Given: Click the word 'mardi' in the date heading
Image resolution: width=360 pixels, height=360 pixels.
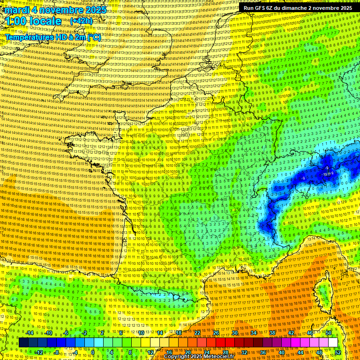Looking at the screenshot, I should (x=16, y=10).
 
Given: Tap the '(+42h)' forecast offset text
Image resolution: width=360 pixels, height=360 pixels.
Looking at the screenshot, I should (x=81, y=21).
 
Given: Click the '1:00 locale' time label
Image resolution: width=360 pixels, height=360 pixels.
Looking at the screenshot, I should (x=33, y=21).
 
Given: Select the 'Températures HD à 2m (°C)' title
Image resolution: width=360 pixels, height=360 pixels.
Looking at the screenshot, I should (x=52, y=37).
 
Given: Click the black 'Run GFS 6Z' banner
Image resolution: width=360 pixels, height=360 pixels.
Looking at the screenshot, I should (x=296, y=8).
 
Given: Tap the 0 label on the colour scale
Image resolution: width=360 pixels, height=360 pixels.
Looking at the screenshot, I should (x=93, y=352).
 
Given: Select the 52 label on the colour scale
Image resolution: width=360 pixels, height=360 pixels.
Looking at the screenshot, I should (x=337, y=352).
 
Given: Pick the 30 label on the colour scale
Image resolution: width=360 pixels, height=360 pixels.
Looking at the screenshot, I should (x=235, y=333).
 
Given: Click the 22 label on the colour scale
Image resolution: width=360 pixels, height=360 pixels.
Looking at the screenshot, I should (x=197, y=333).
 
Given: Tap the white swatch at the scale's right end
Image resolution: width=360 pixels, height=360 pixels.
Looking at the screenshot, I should (x=333, y=343).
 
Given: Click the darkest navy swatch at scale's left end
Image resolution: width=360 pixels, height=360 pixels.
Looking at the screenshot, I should (x=23, y=343).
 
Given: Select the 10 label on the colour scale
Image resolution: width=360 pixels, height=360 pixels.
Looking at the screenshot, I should (x=141, y=333).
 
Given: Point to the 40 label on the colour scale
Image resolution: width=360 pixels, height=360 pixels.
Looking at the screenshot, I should (x=281, y=352).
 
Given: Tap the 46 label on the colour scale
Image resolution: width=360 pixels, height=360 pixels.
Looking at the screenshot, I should (x=310, y=333).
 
